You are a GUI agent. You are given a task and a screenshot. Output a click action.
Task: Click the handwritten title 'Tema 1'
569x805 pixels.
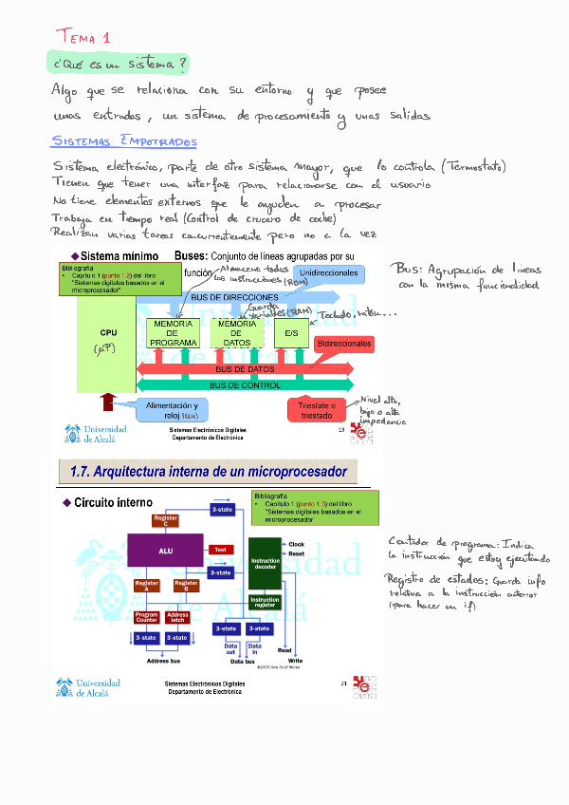click(83, 37)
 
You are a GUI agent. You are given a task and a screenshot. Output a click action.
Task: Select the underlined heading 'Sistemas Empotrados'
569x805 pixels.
click(123, 141)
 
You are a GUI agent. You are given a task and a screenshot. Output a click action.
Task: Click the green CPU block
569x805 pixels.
click(107, 340)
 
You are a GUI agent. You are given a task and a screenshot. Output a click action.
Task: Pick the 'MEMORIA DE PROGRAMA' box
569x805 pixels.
click(173, 333)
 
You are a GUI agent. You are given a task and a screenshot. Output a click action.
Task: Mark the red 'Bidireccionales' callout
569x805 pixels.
click(344, 343)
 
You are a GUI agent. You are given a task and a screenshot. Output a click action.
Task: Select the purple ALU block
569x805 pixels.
click(166, 550)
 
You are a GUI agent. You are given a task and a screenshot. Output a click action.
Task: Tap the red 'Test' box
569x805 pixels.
click(220, 550)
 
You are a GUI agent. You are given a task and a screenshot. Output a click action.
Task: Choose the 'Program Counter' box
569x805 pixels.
click(146, 618)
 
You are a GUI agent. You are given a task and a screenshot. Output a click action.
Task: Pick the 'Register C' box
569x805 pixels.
click(166, 520)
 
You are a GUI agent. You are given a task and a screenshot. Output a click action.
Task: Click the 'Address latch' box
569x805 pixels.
click(177, 618)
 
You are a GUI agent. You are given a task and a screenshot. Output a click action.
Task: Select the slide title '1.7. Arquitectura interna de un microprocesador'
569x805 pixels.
click(208, 472)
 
